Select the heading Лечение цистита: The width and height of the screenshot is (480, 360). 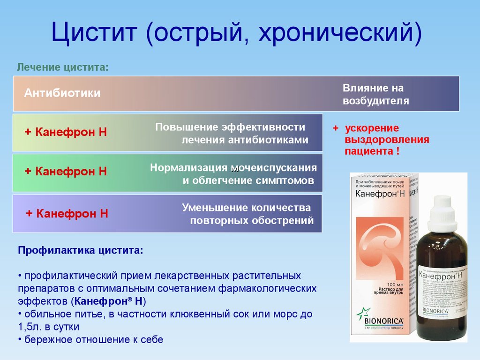pos(63,67)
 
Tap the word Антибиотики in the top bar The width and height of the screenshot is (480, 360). pos(62,93)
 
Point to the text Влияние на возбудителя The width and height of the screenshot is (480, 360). pos(375,94)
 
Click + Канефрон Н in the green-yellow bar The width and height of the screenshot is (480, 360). pos(66,132)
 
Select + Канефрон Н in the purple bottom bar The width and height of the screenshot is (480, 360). pos(67,214)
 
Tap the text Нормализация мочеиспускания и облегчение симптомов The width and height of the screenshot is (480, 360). pos(233,174)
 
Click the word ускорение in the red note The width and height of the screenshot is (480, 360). pos(372,128)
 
